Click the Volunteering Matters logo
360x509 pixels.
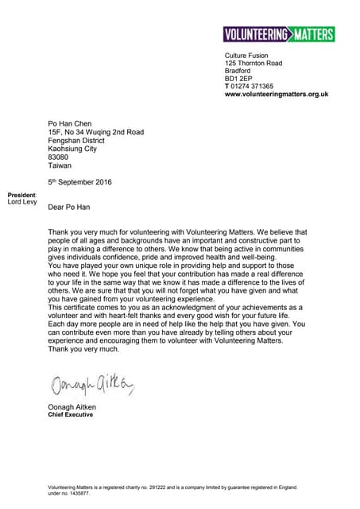[279, 34]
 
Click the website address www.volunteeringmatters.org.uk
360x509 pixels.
[277, 95]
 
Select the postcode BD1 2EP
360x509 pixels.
[238, 78]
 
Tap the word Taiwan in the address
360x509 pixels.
[60, 165]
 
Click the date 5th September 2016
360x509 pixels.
[79, 182]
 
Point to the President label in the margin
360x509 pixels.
[21, 195]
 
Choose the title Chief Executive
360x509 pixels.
[71, 415]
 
